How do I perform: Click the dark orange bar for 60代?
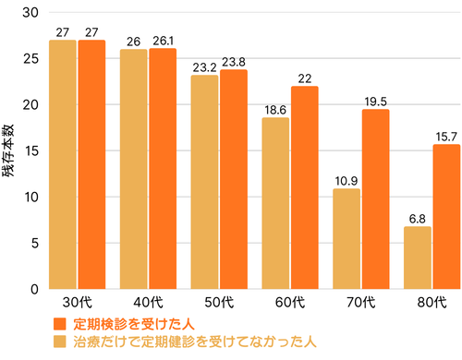pos(305,187)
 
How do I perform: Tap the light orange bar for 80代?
pos(418,258)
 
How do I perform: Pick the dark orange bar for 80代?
pos(446,217)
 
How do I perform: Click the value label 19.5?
pos(375,102)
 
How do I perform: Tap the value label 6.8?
pos(418,219)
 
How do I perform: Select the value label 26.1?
pos(163,41)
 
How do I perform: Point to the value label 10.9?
pos(346,181)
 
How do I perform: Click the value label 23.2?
pos(205,67)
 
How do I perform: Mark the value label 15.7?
pos(446,137)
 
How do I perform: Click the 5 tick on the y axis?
pos(34,244)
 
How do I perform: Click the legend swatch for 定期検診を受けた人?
pos(61,323)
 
